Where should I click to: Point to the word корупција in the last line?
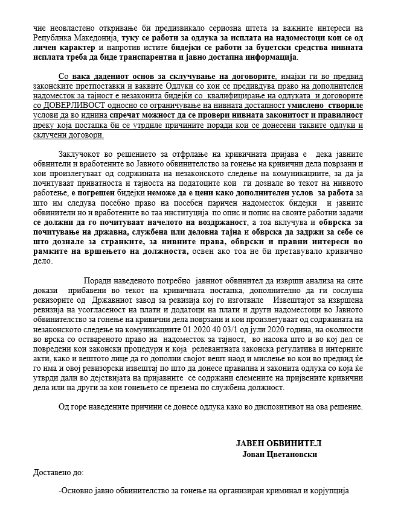coord(331,491)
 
